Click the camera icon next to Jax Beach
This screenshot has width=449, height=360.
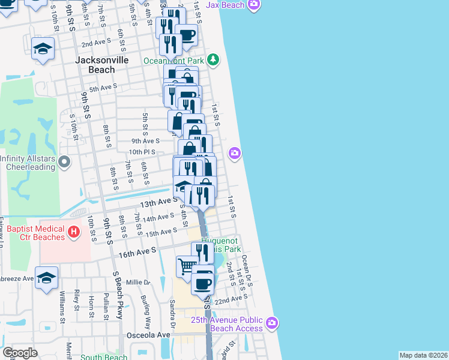[254, 5]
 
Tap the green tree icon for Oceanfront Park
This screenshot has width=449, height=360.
[213, 59]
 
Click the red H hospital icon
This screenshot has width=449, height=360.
[73, 231]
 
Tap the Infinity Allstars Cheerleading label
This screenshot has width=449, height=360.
[29, 163]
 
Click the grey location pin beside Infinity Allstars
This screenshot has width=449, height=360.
[65, 160]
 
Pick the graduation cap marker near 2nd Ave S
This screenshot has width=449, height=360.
[43, 49]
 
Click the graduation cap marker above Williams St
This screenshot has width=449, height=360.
[46, 277]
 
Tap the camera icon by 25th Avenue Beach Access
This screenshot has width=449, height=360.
[271, 323]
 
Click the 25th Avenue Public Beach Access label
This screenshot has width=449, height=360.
[227, 324]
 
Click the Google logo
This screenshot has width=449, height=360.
[20, 353]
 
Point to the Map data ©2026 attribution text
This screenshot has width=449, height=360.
[423, 355]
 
